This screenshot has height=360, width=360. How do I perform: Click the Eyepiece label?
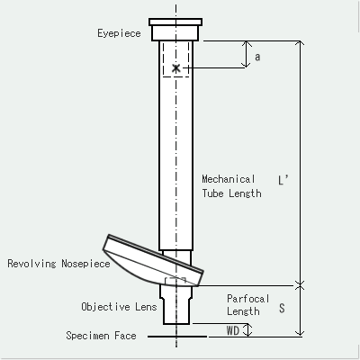pyautogui.click(x=119, y=33)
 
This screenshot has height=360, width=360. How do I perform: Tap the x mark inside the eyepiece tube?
pyautogui.click(x=176, y=68)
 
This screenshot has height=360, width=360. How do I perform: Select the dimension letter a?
pyautogui.click(x=257, y=57)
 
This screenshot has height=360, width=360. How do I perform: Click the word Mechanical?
pyautogui.click(x=229, y=178)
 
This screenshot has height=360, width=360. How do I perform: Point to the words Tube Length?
pyautogui.click(x=231, y=193)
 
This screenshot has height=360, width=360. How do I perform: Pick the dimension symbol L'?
pyautogui.click(x=283, y=179)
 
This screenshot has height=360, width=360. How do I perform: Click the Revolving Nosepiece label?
pyautogui.click(x=58, y=264)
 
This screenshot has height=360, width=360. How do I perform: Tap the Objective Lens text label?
pyautogui.click(x=119, y=307)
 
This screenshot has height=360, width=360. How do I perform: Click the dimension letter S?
pyautogui.click(x=282, y=308)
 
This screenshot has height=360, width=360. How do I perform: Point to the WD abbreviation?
pyautogui.click(x=232, y=330)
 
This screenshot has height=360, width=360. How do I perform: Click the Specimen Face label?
pyautogui.click(x=103, y=336)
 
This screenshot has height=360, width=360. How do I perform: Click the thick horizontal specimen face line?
pyautogui.click(x=176, y=337)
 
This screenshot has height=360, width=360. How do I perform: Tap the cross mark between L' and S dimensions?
pyautogui.click(x=301, y=285)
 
